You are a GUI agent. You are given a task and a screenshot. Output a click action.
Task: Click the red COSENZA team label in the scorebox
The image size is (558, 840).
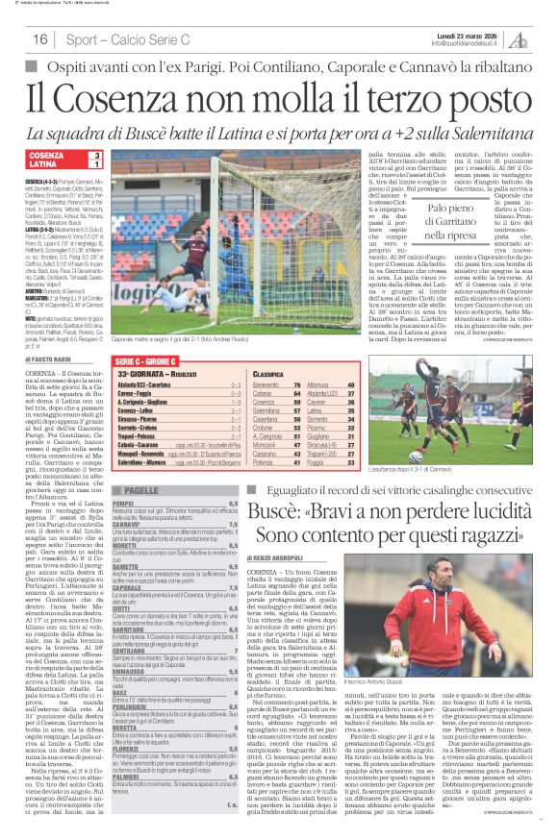[x=47, y=156]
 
